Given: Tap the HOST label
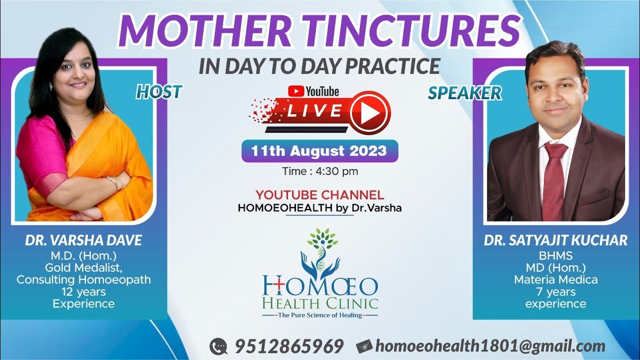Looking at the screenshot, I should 158,91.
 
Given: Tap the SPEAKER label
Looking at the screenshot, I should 464,93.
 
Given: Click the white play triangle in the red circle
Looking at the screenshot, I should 370,113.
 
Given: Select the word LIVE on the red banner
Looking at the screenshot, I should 314,110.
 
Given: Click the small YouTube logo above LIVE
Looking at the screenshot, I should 313,91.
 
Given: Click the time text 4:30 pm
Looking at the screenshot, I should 336,171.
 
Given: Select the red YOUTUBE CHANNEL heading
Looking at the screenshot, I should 319,195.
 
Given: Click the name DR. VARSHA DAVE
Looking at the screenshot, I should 83,240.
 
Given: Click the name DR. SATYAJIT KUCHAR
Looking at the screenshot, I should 555,240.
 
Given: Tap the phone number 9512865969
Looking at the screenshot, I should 289,346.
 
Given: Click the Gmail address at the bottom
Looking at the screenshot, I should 490,346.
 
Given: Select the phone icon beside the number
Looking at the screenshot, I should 218,346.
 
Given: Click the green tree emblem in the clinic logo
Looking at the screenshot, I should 322,237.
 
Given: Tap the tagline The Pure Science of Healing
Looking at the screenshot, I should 320,315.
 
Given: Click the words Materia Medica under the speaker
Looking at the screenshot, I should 555,279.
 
